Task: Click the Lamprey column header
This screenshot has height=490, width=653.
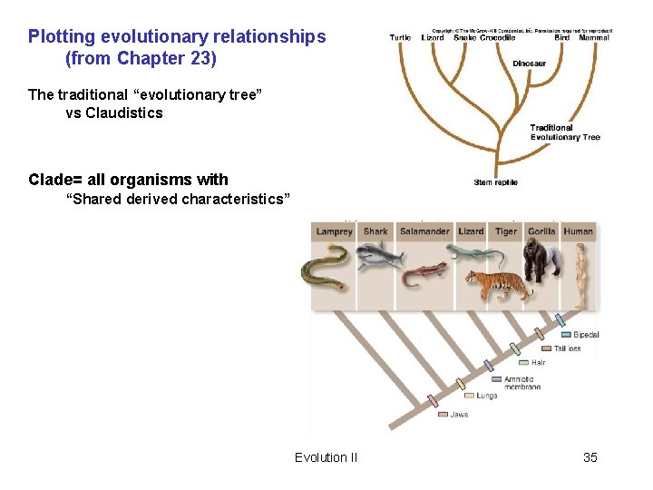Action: coord(334,231)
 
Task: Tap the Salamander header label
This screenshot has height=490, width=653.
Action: coord(424,231)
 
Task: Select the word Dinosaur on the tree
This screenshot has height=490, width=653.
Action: coord(529,64)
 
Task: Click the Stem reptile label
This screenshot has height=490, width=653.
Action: coord(496,182)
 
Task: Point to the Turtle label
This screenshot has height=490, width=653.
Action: coord(400,38)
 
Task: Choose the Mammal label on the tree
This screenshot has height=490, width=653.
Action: coord(595,38)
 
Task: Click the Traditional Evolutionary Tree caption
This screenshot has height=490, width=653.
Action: coord(564,132)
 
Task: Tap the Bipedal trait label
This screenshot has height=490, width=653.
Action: coord(586,335)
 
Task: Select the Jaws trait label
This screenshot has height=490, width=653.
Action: coord(460,415)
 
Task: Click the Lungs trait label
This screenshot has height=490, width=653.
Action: coord(487,396)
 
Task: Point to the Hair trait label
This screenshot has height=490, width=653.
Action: coord(539,362)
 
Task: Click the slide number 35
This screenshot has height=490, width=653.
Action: coord(590,457)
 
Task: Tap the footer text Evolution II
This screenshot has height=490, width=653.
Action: coord(326,457)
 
